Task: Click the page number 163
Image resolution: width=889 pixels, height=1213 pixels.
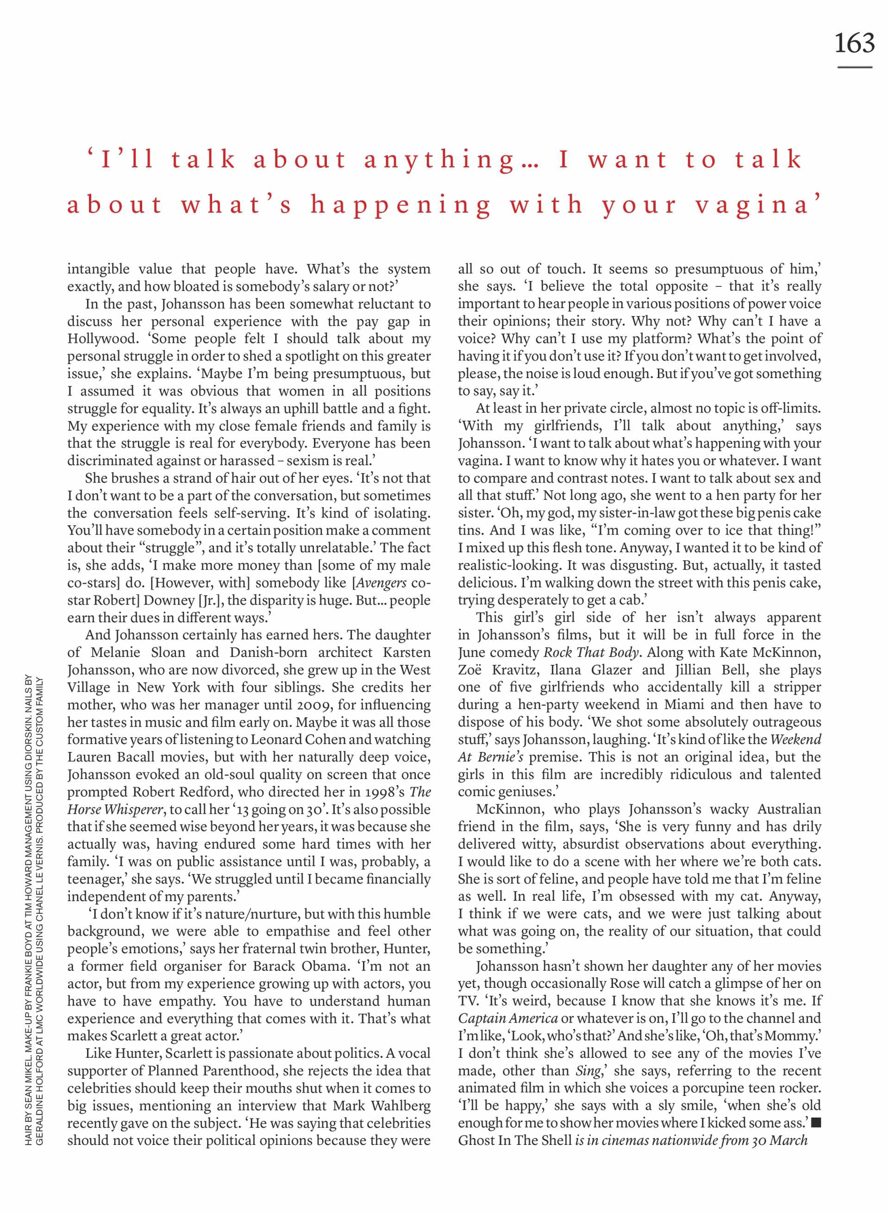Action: (x=854, y=43)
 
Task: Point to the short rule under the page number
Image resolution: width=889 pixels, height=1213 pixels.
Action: (x=855, y=67)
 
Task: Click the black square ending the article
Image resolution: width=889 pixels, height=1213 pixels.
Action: (x=816, y=1123)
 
